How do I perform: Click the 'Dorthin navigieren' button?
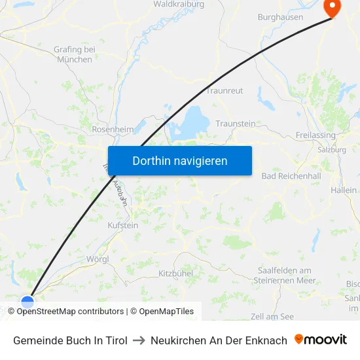coord(180,160)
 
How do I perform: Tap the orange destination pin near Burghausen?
coord(333,7)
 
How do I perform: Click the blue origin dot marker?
coord(27,302)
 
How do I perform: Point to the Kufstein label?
coord(122,225)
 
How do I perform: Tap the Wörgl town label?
coord(98,259)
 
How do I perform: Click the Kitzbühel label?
coord(175,272)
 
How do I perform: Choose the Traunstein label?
coord(235,124)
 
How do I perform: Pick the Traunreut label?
coord(225,90)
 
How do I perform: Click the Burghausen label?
coord(280,17)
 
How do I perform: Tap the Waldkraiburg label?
coord(179,4)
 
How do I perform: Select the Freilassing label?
coord(315,135)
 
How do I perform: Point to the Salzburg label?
coord(331,149)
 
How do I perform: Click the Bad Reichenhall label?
coord(291,177)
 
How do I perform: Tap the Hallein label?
coord(344,190)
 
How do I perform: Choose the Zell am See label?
coord(272,316)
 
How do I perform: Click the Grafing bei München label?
coord(75,54)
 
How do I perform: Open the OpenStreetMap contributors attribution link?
coord(70,312)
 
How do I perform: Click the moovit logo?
coord(321,340)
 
